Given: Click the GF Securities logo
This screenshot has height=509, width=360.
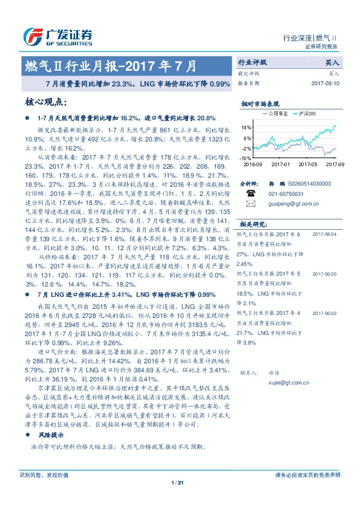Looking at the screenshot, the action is click(57, 36).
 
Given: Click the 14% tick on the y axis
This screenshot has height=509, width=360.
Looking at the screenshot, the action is click(246, 128).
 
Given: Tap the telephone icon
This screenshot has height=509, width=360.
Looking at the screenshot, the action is click(251, 193).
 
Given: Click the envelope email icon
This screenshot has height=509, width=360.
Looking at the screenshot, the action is click(251, 204).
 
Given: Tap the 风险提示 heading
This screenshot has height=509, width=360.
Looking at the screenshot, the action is click(51, 435).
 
